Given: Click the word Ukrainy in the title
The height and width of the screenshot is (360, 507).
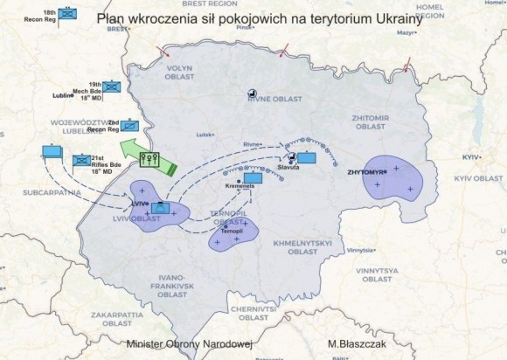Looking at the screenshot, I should [392, 20].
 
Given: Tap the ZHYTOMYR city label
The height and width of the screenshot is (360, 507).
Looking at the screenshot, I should [366, 171].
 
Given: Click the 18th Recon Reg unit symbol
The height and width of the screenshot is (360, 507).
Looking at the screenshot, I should [67, 16].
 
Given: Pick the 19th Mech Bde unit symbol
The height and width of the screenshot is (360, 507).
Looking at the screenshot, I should [112, 87].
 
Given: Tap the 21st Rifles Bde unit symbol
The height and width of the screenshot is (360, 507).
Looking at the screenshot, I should [80, 161].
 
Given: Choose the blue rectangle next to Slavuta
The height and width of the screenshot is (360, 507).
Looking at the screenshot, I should [307, 159].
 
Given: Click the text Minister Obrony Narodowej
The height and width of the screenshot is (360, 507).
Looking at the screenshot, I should [188, 345].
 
